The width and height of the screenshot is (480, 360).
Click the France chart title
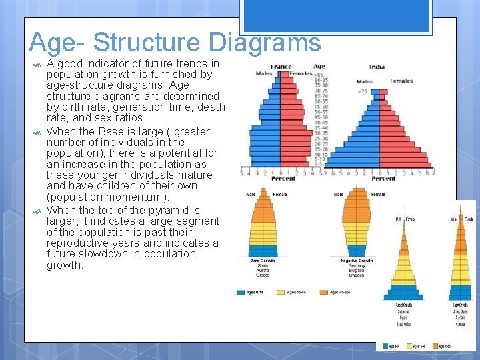pos(281,67)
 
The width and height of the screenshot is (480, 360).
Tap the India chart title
pos(377,67)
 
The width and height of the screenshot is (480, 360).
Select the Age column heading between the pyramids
pos(319,67)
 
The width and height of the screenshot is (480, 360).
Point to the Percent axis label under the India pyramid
pos(383,178)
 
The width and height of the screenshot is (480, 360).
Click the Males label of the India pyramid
pos(364,81)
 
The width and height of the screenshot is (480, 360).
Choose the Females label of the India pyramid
pos(401,81)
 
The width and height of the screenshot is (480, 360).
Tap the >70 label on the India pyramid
pos(363,91)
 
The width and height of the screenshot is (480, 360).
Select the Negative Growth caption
pos(357,261)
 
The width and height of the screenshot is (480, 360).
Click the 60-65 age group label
pos(321,101)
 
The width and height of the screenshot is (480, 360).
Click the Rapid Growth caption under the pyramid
pos(403,305)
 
